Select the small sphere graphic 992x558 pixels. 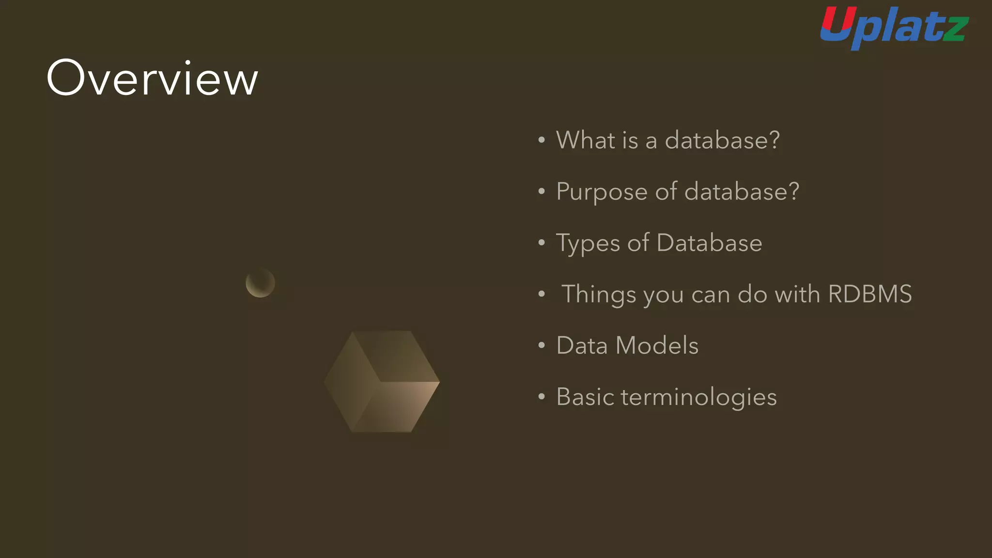point(260,283)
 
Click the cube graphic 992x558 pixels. point(382,382)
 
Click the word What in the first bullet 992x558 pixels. point(585,140)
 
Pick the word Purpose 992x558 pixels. point(602,192)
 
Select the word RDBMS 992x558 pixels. point(870,294)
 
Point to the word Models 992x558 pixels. point(657,346)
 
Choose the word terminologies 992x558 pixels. point(698,398)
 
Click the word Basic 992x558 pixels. point(585,397)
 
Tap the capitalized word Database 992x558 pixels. point(709,243)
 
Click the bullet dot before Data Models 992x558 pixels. point(542,346)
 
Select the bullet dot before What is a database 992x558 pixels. point(542,140)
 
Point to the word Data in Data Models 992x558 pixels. point(582,346)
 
